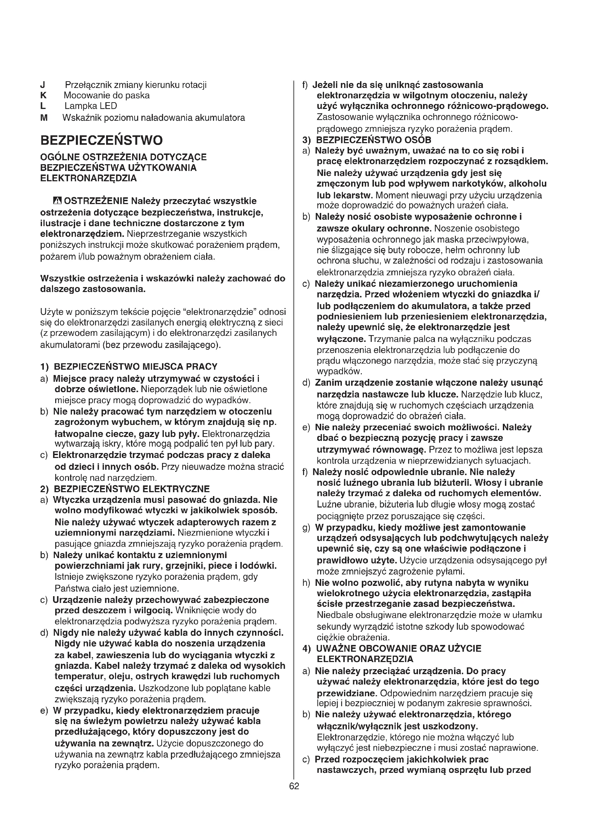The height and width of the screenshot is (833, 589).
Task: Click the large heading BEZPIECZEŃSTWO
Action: [x=101, y=140]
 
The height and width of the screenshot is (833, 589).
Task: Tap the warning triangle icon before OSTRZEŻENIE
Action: [x=57, y=201]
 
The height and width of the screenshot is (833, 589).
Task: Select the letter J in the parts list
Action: [x=43, y=85]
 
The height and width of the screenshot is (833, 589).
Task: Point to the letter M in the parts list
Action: [x=44, y=118]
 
